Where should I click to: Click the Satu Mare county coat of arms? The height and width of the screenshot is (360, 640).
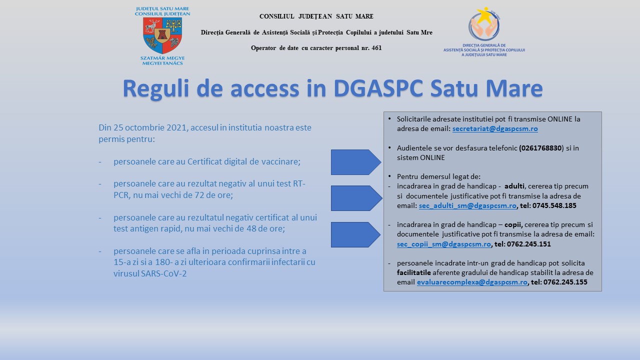point(162,35)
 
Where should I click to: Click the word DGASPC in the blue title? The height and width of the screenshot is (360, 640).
point(378,88)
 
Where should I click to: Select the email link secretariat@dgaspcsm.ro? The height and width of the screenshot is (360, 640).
point(495,129)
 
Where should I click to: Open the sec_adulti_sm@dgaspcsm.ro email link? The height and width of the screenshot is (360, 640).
point(467,205)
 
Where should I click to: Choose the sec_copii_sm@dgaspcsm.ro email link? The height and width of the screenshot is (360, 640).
point(444,244)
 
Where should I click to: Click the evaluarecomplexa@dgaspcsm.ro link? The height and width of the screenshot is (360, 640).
point(472,282)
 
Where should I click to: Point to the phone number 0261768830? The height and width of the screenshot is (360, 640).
point(541,148)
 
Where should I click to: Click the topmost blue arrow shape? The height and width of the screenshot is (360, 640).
point(356,162)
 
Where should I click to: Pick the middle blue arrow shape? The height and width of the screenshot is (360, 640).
point(356,198)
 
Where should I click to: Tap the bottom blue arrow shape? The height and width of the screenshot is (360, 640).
point(355,234)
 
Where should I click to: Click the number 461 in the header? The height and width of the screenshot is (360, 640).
point(376,48)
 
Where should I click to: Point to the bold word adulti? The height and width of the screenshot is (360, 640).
point(514,186)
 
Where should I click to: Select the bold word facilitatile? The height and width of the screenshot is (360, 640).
point(413,272)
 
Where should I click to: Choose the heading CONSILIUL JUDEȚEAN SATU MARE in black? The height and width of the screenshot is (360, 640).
point(316,16)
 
